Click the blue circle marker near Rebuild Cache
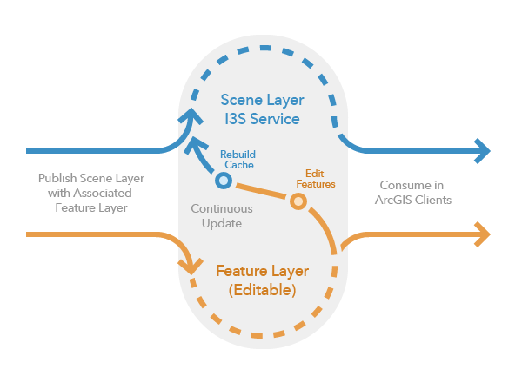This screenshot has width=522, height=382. click(223, 181)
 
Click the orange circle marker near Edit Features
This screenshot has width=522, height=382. click(298, 201)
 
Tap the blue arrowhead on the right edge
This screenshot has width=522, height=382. click(481, 150)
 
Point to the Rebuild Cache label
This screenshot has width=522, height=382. click(238, 159)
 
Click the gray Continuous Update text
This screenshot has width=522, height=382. click(222, 216)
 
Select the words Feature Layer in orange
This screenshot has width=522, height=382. click(264, 271)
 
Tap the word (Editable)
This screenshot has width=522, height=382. click(263, 290)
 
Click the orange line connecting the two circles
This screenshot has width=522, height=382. click(261, 191)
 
